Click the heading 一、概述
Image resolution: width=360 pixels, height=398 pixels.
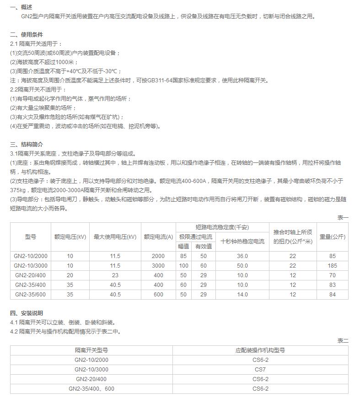click(21, 7)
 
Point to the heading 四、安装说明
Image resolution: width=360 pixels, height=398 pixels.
click(27, 313)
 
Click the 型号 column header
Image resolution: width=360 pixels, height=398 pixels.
click(30, 237)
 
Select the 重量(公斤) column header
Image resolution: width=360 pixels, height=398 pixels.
click(332, 237)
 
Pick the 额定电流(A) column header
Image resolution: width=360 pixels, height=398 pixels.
click(158, 237)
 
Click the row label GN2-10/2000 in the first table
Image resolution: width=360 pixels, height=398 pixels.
click(30, 256)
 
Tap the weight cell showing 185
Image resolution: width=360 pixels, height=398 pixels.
click(332, 266)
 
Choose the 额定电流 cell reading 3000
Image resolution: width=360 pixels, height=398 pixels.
click(158, 266)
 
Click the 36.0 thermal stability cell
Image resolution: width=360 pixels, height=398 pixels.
click(242, 256)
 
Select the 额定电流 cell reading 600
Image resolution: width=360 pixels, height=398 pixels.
click(158, 295)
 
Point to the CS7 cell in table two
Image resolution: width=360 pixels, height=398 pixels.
click(260, 369)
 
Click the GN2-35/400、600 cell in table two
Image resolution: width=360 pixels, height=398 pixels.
click(91, 389)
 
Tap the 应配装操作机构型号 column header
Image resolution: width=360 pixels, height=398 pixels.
click(260, 350)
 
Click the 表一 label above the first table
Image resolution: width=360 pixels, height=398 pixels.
click(343, 218)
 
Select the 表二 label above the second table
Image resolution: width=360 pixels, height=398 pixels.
click(343, 340)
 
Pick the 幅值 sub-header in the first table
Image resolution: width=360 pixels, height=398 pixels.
click(183, 246)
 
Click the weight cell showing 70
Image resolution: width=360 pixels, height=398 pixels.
click(332, 275)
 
